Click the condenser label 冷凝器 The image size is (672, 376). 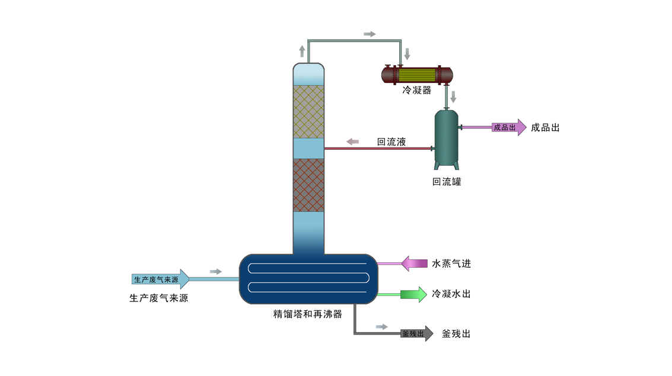pos(416,90)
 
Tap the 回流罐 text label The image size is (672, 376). pos(447,182)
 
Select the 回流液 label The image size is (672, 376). pos(391,142)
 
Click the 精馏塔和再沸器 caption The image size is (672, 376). pos(308,314)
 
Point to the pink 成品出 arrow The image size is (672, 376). pos(509,127)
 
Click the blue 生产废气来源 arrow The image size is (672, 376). pos(160,279)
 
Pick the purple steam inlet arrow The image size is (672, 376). pos(414,263)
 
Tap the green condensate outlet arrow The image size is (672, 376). pos(413,294)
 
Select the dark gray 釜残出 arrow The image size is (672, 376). pos(417,333)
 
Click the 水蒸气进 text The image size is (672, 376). pos(451,263)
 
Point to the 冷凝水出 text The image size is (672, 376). pos(451,294)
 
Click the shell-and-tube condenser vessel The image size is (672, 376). pos(417,75)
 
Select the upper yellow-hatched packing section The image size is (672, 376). pos(308,112)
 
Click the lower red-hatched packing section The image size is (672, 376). pos(308,185)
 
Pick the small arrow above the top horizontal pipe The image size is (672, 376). pos(370,34)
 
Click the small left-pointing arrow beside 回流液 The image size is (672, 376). pos(352,142)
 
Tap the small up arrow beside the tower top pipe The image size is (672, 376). pos(302,52)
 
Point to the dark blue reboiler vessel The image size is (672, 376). pos(308,279)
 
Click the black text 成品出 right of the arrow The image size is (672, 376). pos(545,127)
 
